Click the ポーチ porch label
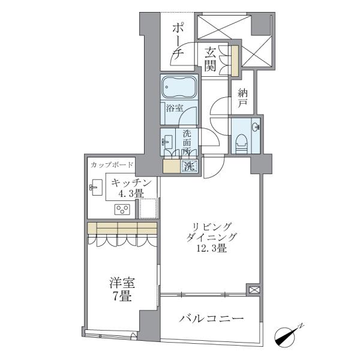tap(178, 41)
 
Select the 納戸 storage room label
tap(242, 98)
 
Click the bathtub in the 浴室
tap(179, 87)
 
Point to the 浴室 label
tap(174, 108)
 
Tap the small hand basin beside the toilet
tap(256, 127)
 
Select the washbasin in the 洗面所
tap(167, 142)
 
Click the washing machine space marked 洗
tap(190, 166)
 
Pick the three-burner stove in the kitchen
tap(122, 209)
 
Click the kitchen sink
tap(96, 187)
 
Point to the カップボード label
tap(112, 164)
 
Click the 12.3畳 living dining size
tap(212, 248)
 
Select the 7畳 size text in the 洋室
tap(122, 297)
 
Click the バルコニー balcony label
tap(211, 319)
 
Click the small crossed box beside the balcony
tap(253, 290)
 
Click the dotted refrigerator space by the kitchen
tap(149, 208)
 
